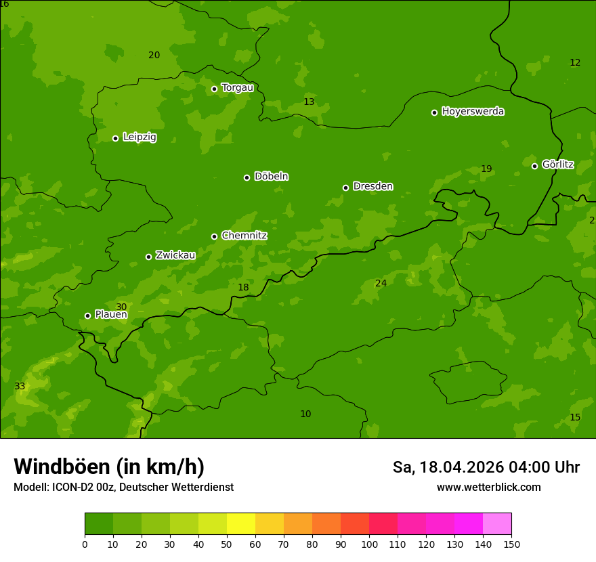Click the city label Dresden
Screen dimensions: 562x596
coord(372,186)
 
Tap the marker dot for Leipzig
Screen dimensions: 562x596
coord(115,138)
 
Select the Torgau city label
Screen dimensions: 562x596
coord(237,88)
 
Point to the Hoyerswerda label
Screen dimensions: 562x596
coord(473,112)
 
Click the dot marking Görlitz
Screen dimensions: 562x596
coord(534,166)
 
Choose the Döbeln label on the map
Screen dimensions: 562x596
coord(271,177)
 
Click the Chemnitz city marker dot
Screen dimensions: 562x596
coord(214,236)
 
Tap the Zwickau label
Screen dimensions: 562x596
coord(175,255)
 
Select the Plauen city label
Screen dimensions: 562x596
coord(111,315)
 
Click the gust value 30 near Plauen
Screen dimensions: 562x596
coord(121,307)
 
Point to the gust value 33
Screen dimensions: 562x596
coord(20,387)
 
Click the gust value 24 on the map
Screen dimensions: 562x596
coord(381,283)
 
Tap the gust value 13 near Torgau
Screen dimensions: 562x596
coord(309,102)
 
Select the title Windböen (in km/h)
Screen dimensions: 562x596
coord(109,467)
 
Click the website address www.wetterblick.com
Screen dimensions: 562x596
coord(488,488)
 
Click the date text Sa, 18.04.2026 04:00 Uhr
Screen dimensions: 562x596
coord(486,467)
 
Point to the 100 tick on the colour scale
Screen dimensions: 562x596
coord(369,543)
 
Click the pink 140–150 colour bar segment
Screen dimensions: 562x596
coord(497,524)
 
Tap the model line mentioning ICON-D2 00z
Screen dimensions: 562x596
coord(123,488)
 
